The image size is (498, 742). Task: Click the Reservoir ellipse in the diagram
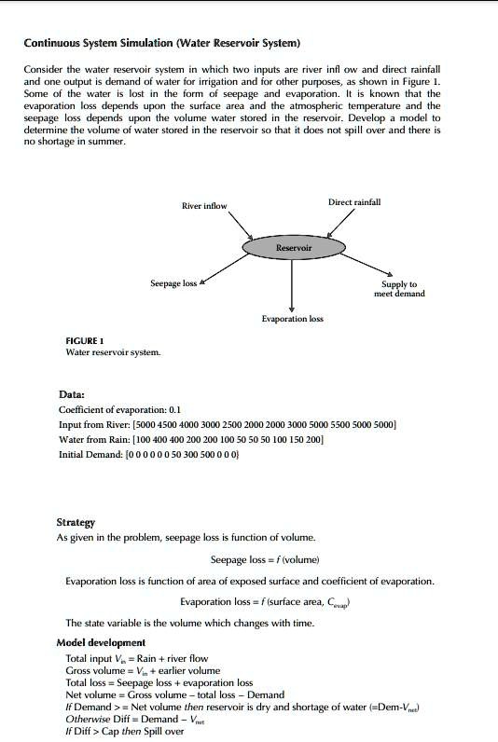(x=293, y=248)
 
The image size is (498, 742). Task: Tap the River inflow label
(x=203, y=206)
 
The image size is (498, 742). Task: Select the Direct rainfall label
(x=353, y=202)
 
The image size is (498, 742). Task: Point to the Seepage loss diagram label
(x=173, y=282)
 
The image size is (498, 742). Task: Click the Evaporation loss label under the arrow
(x=292, y=319)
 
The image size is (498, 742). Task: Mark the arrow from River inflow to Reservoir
(x=241, y=227)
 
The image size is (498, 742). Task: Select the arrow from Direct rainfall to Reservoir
(x=340, y=225)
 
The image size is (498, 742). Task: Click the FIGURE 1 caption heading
(x=85, y=340)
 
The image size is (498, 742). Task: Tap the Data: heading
(x=72, y=394)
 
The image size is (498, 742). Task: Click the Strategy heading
(x=76, y=523)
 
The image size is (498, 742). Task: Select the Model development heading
(x=101, y=642)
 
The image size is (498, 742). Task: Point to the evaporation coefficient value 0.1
(x=174, y=409)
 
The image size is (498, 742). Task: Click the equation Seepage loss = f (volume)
(x=265, y=559)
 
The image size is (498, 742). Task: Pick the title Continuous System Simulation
(x=161, y=43)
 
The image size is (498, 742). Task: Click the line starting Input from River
(x=228, y=424)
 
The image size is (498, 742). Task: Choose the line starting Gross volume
(x=143, y=670)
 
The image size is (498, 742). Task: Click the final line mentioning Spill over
(x=125, y=731)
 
